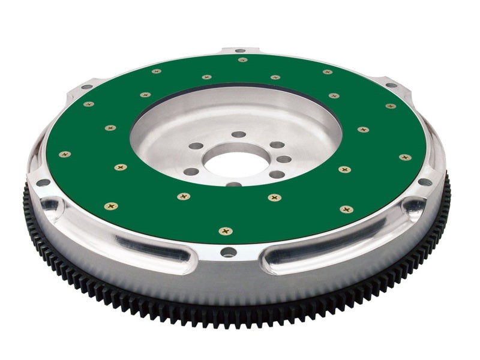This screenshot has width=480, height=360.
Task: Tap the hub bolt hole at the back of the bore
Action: pyautogui.click(x=239, y=134)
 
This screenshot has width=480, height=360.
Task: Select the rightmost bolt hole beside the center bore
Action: pyautogui.click(x=284, y=160)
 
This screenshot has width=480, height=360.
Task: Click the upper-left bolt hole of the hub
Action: pyautogui.click(x=196, y=146)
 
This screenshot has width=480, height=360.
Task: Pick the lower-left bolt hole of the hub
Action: pyautogui.click(x=191, y=172)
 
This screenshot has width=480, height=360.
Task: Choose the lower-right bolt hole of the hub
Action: pyautogui.click(x=277, y=175)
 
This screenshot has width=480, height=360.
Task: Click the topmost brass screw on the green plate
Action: pyautogui.click(x=242, y=59)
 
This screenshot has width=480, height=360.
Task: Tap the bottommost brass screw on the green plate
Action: pyautogui.click(x=226, y=231)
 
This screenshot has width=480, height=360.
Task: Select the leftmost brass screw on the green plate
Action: pyautogui.click(x=64, y=154)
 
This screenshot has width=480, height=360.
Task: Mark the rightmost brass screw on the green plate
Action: pyautogui.click(x=405, y=157)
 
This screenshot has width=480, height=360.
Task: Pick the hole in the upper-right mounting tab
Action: pyautogui.click(x=391, y=85)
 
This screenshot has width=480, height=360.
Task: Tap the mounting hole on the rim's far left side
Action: pyautogui.click(x=43, y=182)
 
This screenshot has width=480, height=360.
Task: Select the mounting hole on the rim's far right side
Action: pyautogui.click(x=424, y=182)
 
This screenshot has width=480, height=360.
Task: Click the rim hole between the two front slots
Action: pyautogui.click(x=229, y=252)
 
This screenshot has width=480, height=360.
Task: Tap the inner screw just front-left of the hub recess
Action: pyautogui.click(x=120, y=167)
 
